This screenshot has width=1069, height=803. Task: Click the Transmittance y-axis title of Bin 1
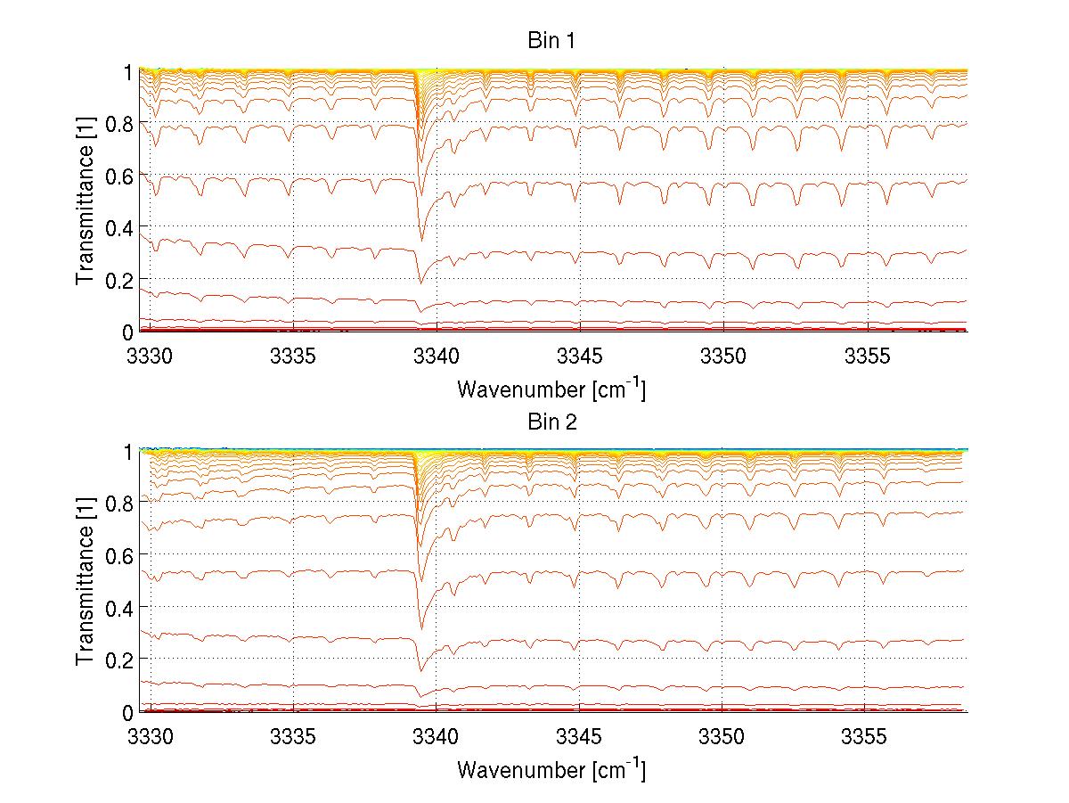click(86, 201)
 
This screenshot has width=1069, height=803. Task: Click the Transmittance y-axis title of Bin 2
click(86, 581)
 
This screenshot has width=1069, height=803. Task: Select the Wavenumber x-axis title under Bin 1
click(551, 389)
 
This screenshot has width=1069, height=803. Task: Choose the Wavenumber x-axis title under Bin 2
click(551, 769)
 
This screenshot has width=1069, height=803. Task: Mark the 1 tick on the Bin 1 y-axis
click(128, 71)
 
